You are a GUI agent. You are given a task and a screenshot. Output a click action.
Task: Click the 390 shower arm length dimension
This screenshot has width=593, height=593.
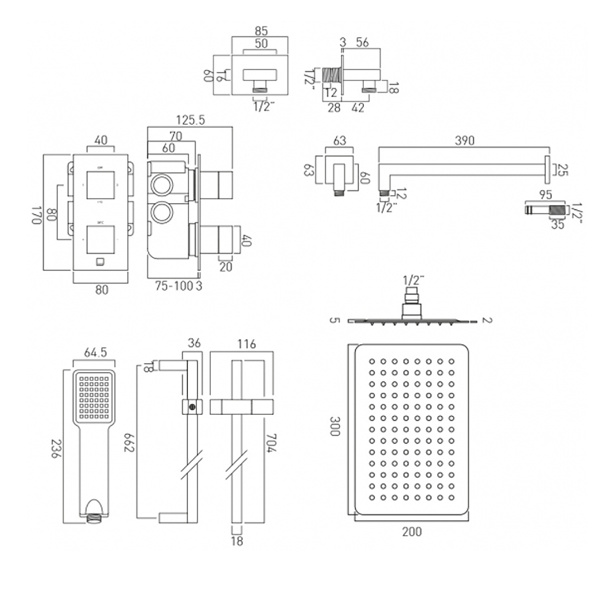click(465, 141)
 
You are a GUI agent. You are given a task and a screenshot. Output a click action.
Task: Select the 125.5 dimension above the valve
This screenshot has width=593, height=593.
click(189, 120)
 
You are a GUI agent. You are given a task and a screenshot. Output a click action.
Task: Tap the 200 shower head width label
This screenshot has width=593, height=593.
click(411, 531)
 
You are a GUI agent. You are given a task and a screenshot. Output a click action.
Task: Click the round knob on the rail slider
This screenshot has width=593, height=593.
click(192, 406)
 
